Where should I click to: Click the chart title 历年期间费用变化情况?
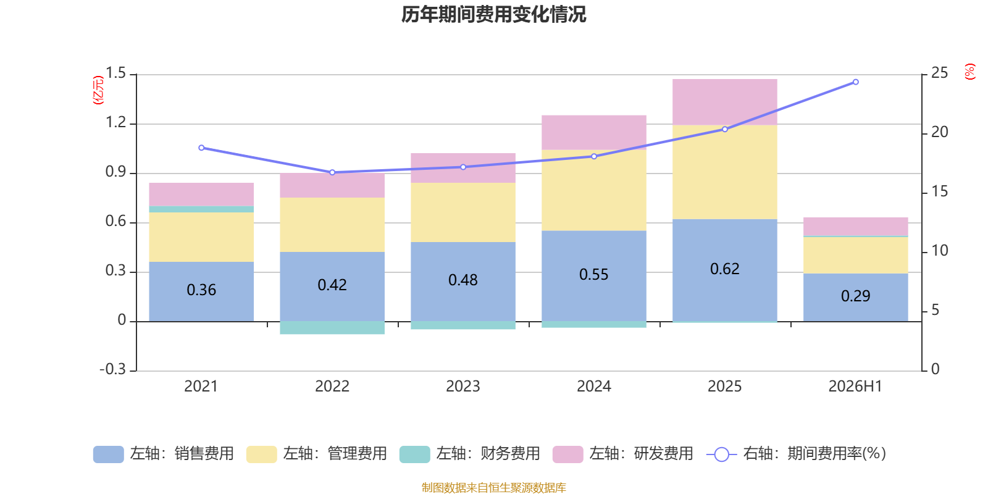(x=493, y=15)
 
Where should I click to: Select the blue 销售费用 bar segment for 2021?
(x=201, y=291)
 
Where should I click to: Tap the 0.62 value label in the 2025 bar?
(x=725, y=269)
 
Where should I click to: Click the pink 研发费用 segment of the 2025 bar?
(x=725, y=103)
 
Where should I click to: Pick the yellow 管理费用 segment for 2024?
(x=593, y=191)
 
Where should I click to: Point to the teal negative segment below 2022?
(x=332, y=328)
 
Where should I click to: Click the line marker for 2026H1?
(x=856, y=82)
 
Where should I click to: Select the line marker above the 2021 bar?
(x=201, y=148)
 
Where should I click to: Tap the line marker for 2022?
(x=332, y=172)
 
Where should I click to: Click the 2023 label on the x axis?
(x=463, y=387)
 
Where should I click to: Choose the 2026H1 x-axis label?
(x=855, y=387)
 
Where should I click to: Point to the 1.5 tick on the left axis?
(x=116, y=73)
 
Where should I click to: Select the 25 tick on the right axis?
(x=939, y=73)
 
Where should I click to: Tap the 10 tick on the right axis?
(x=939, y=251)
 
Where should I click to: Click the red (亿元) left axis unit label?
(x=98, y=90)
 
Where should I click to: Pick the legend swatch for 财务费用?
(x=414, y=454)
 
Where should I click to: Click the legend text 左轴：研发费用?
(x=642, y=454)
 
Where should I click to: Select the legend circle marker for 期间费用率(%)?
(x=722, y=454)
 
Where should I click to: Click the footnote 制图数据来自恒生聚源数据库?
(x=493, y=487)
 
